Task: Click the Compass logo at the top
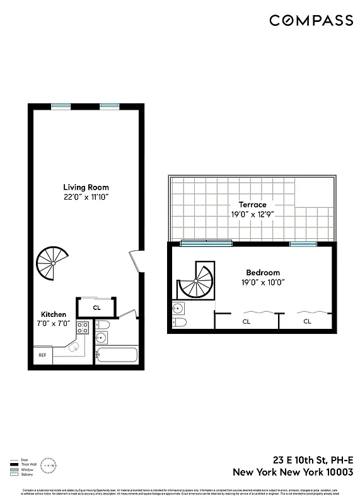click(x=311, y=21)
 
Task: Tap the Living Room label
click(x=86, y=187)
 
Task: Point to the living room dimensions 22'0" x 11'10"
click(x=86, y=197)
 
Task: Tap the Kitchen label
click(x=54, y=314)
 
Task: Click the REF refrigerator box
click(x=42, y=355)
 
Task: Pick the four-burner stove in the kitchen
click(x=83, y=328)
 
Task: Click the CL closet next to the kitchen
click(x=96, y=308)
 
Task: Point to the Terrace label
click(x=252, y=205)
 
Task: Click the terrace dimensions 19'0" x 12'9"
click(x=252, y=214)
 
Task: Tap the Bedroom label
click(x=263, y=273)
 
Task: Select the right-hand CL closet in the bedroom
click(x=307, y=321)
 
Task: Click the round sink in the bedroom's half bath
click(x=178, y=309)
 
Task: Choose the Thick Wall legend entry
click(x=18, y=463)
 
